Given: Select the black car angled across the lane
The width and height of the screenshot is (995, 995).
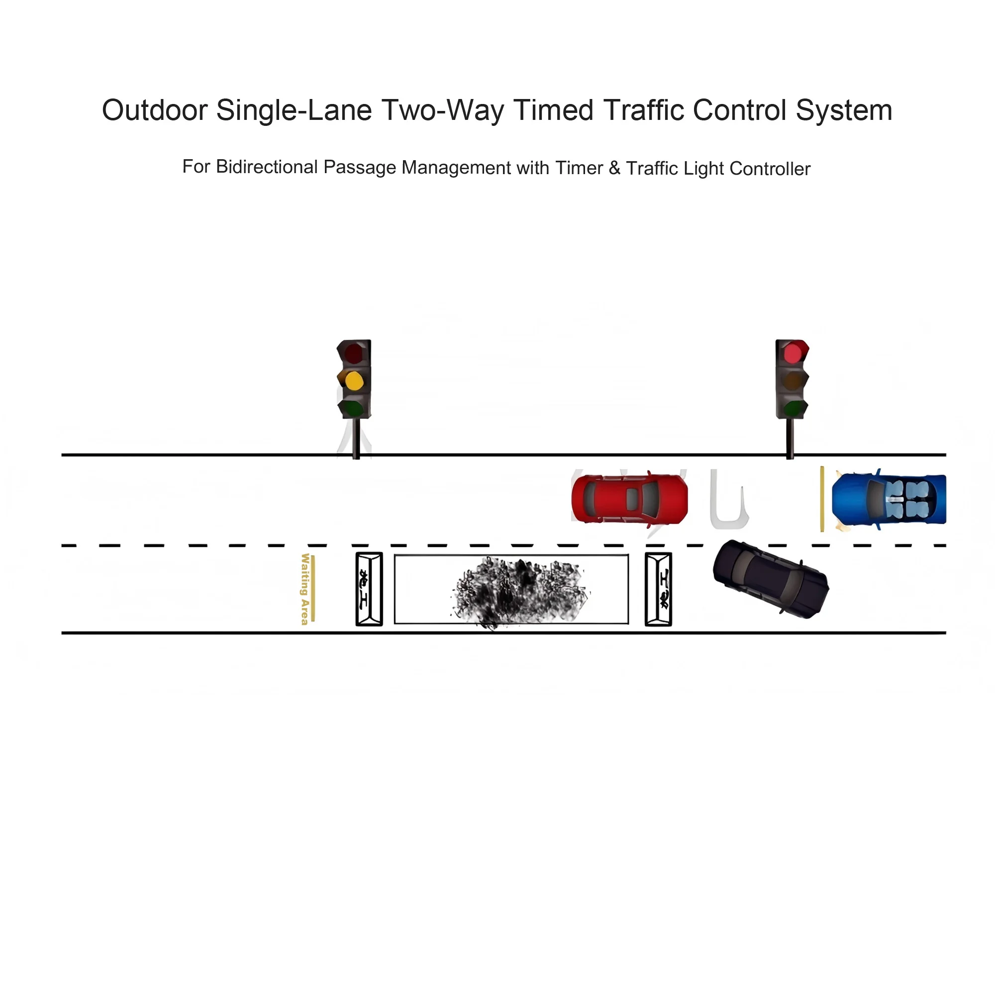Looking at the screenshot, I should tap(771, 579).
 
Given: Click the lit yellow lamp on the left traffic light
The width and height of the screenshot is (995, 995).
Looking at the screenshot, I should tap(354, 381).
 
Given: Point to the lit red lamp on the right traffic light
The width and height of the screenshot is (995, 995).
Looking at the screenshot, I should tap(792, 353).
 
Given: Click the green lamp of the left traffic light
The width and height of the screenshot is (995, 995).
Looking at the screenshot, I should tap(354, 408).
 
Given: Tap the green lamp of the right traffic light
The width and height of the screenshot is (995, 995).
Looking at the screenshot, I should tap(793, 409).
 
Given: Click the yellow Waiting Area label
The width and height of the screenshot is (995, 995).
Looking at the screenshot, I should tap(305, 589).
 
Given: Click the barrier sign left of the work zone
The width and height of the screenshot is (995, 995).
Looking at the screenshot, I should tap(369, 589).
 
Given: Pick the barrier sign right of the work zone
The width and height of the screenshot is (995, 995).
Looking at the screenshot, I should tap(658, 589).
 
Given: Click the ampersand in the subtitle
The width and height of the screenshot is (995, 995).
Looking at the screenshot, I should tap(614, 168).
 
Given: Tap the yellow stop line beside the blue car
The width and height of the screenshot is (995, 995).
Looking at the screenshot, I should tap(822, 498).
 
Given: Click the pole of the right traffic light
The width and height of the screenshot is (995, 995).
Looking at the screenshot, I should tap(790, 438).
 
